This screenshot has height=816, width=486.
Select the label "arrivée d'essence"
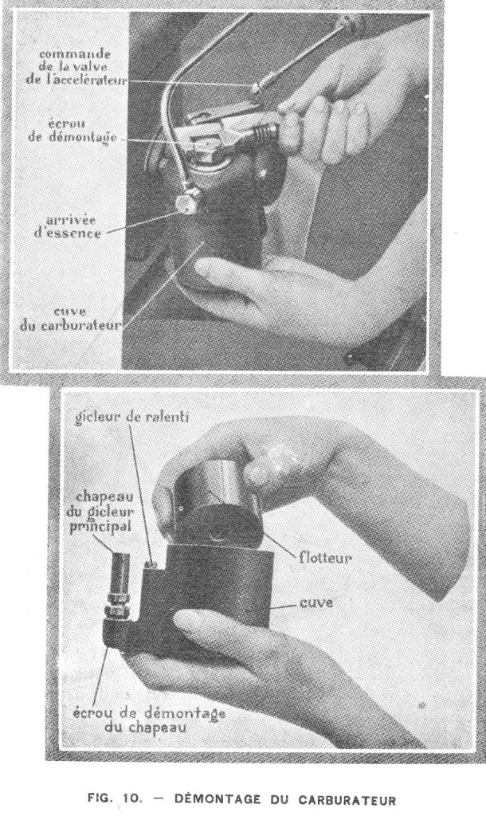point(68,226)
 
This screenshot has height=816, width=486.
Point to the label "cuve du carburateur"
point(70,319)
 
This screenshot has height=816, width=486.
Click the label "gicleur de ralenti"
point(131,418)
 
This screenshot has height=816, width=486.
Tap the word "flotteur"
point(325,559)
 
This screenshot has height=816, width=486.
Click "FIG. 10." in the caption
point(115,798)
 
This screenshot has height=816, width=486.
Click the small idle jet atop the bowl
point(152,563)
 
